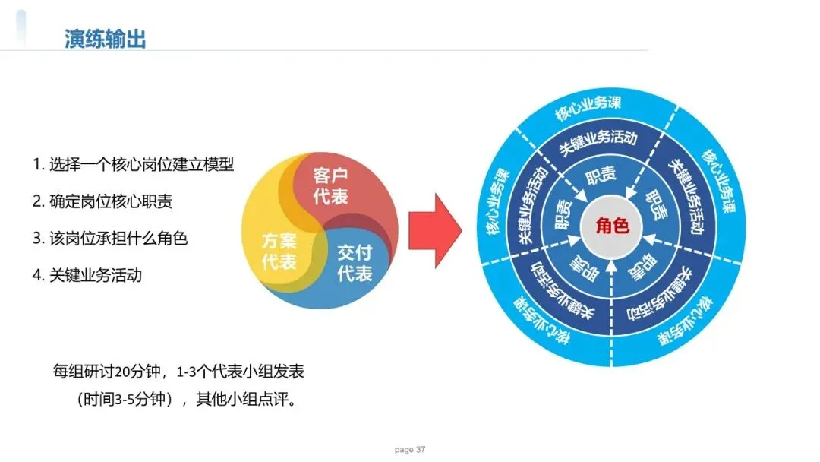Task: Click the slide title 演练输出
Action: point(106,39)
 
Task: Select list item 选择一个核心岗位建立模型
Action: point(133,163)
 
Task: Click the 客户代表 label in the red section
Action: point(330,187)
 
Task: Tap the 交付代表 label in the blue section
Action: point(354,263)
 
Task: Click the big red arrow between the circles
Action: point(435,230)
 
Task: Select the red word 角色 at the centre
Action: point(612,226)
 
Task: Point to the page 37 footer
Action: point(410,450)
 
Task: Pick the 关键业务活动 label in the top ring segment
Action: point(598,141)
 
